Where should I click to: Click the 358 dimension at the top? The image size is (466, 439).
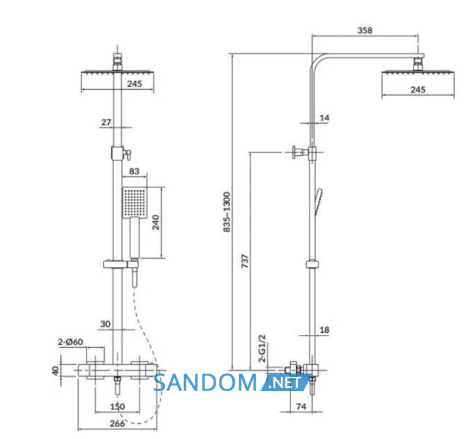(364, 30)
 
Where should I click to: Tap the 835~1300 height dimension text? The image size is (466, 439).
(227, 212)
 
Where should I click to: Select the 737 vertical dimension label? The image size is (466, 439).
(245, 261)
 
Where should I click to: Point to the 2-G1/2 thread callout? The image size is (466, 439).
(262, 349)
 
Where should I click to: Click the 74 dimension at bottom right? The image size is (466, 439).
(301, 406)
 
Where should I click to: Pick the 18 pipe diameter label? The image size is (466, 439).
(324, 330)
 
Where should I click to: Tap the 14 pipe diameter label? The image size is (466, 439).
(324, 118)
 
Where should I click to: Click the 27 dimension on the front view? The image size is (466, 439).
(106, 122)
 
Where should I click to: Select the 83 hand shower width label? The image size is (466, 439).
(134, 171)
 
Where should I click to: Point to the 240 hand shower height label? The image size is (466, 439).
(156, 223)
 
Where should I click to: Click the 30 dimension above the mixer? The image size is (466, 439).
(106, 324)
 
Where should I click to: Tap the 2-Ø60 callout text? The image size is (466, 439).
(70, 342)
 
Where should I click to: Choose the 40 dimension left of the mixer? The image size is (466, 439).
(56, 371)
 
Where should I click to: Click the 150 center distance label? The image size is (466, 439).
(117, 406)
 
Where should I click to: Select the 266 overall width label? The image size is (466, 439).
(117, 423)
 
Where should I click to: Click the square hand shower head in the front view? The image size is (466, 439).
(134, 202)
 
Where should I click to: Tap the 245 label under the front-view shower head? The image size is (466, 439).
(134, 84)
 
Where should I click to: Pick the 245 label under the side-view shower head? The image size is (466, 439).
(418, 89)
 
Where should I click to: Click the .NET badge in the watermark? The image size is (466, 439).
(285, 383)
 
